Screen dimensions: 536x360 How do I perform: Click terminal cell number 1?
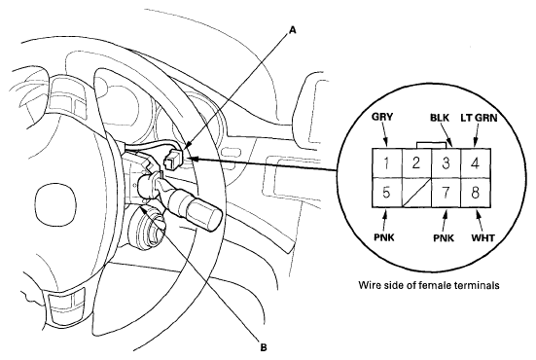(387, 162)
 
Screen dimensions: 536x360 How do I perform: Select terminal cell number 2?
(416, 162)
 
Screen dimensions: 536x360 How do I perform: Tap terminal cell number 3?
(447, 162)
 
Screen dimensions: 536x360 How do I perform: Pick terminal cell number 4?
(476, 162)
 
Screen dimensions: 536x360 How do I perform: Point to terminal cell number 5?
(387, 193)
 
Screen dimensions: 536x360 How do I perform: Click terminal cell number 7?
(447, 193)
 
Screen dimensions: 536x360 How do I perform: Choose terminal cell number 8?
(476, 193)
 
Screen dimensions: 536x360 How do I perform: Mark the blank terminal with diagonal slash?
(416, 193)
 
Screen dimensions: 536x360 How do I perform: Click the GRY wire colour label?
(382, 117)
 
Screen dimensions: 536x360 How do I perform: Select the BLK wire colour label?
(440, 118)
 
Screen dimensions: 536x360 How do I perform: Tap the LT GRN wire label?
(479, 118)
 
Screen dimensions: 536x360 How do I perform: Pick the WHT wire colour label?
(482, 237)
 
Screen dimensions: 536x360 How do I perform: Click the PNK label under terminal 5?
(384, 237)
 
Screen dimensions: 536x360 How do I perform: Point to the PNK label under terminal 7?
(444, 237)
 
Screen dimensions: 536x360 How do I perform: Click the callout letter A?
(292, 31)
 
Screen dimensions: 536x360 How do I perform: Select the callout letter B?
(264, 347)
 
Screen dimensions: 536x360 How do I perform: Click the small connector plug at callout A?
(173, 159)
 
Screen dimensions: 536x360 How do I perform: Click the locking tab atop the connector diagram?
(431, 145)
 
